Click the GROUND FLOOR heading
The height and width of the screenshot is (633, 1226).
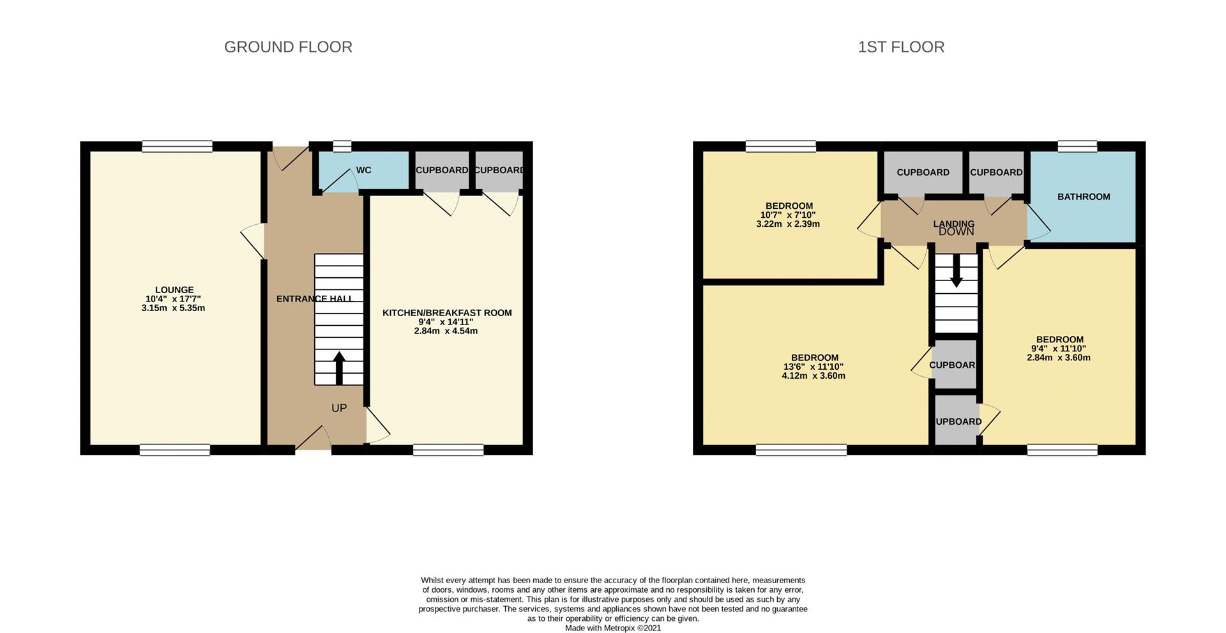tap(288, 47)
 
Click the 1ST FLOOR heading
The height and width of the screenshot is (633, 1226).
tap(900, 47)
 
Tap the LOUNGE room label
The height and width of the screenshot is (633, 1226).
tap(174, 289)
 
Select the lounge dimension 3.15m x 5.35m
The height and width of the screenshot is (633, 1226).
tap(173, 308)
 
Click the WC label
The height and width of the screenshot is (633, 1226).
tap(363, 170)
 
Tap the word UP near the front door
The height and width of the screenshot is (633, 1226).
tap(338, 408)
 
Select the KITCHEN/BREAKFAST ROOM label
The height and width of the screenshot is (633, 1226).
tap(447, 312)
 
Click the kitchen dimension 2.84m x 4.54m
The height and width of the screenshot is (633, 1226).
tap(446, 331)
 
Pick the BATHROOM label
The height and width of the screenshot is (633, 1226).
tap(1083, 197)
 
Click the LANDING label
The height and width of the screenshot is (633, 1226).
tap(953, 223)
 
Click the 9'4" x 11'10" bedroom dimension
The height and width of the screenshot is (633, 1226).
tap(1058, 349)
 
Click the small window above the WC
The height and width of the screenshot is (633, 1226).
tap(342, 146)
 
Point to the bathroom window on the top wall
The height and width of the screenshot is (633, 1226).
tap(1077, 146)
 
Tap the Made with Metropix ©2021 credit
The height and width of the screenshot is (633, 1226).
tap(612, 628)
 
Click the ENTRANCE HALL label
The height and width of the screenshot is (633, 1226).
tap(314, 298)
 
